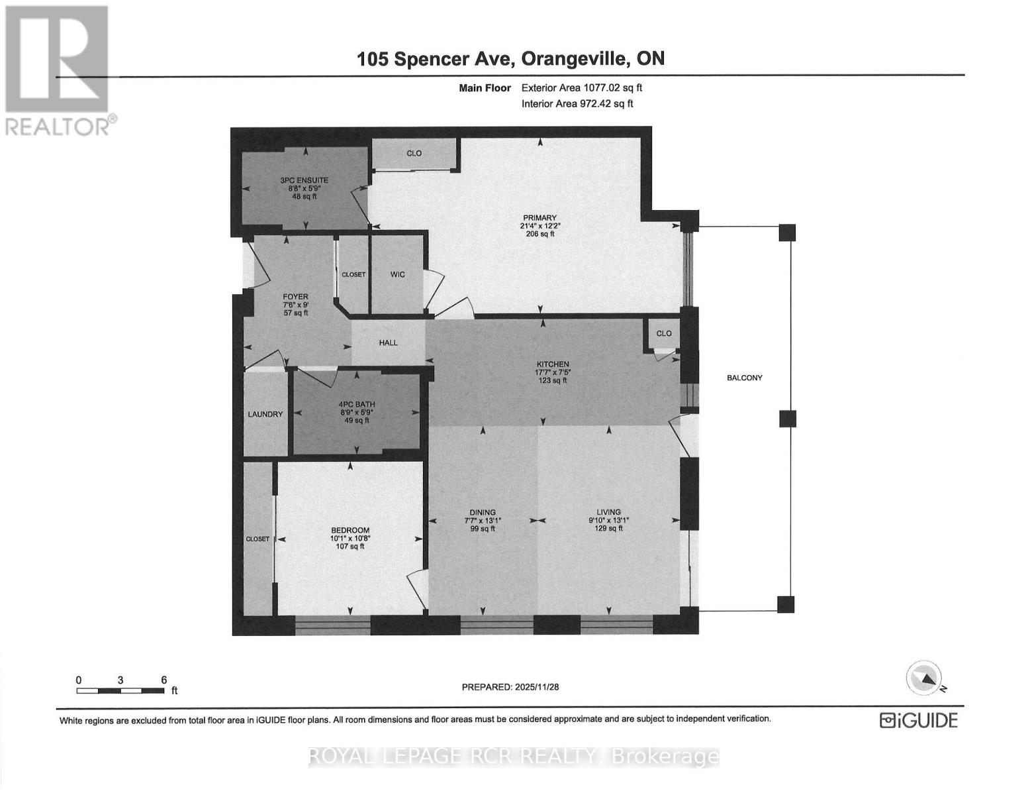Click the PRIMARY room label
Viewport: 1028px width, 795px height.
point(539,218)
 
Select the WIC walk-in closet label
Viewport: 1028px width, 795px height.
point(397,274)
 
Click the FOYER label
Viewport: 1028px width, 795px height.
point(295,297)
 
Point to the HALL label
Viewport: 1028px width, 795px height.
point(389,343)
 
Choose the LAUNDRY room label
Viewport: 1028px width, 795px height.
point(265,414)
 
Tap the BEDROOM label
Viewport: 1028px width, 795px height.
point(350,530)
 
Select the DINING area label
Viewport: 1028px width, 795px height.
point(483,512)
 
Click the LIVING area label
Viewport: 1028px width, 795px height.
point(608,512)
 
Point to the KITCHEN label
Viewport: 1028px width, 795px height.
point(553,364)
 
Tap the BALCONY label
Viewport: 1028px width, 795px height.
point(745,378)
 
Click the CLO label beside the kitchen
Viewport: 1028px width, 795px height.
point(664,333)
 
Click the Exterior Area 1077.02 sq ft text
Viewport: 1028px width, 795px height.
point(582,87)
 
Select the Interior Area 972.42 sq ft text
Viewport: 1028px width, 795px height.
point(577,103)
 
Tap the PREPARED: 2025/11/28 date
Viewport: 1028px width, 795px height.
point(510,687)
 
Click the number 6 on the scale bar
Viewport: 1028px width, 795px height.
point(164,680)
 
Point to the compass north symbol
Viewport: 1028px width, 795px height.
point(924,678)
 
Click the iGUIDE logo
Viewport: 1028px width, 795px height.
point(918,720)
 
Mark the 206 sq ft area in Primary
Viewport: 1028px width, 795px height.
point(539,234)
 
